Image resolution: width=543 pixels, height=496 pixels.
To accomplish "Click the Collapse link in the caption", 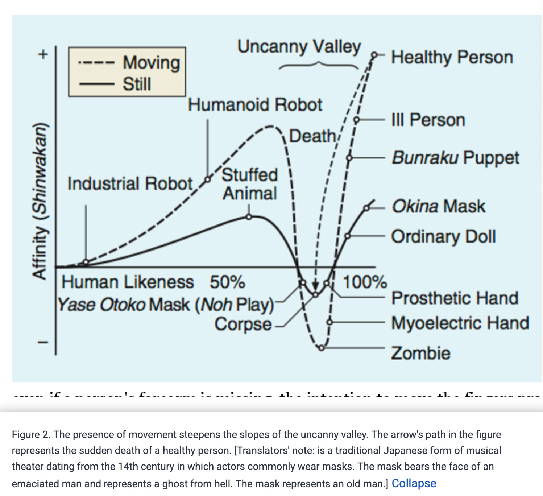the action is [x=414, y=483].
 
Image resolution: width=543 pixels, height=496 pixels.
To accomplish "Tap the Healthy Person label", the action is [x=452, y=57].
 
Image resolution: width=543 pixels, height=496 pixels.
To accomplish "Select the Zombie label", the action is [x=420, y=353].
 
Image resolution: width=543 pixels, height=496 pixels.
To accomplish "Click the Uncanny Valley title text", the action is [x=299, y=47].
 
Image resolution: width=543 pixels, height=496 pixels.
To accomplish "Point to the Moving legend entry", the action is [x=151, y=63].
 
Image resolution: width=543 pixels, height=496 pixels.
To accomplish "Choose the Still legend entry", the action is [x=137, y=84].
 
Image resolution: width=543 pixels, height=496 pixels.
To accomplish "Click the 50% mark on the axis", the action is [x=227, y=282].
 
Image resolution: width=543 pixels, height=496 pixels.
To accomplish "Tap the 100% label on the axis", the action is [x=365, y=282].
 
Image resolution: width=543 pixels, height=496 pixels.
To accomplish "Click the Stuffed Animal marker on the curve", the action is [x=249, y=217].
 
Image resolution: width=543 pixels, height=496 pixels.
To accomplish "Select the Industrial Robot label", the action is [x=130, y=183].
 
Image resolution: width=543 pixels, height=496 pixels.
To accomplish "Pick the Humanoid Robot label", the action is [x=255, y=105].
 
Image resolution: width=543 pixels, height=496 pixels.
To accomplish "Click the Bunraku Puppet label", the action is [x=455, y=158].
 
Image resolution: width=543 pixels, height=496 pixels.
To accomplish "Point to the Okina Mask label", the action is [x=438, y=206].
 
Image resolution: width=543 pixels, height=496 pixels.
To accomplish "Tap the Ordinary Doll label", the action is [x=443, y=236].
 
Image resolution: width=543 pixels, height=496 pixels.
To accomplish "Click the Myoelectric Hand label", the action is [x=460, y=323].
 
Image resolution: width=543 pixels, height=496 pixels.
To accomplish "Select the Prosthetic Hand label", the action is [x=455, y=298].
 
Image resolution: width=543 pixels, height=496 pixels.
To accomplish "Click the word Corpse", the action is [x=243, y=324].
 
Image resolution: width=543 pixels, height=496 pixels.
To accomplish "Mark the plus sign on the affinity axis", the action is [x=43, y=55].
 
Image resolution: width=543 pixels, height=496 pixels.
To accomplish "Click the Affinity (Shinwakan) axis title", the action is [x=40, y=201].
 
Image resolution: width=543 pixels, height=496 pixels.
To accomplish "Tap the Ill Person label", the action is [x=428, y=120].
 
